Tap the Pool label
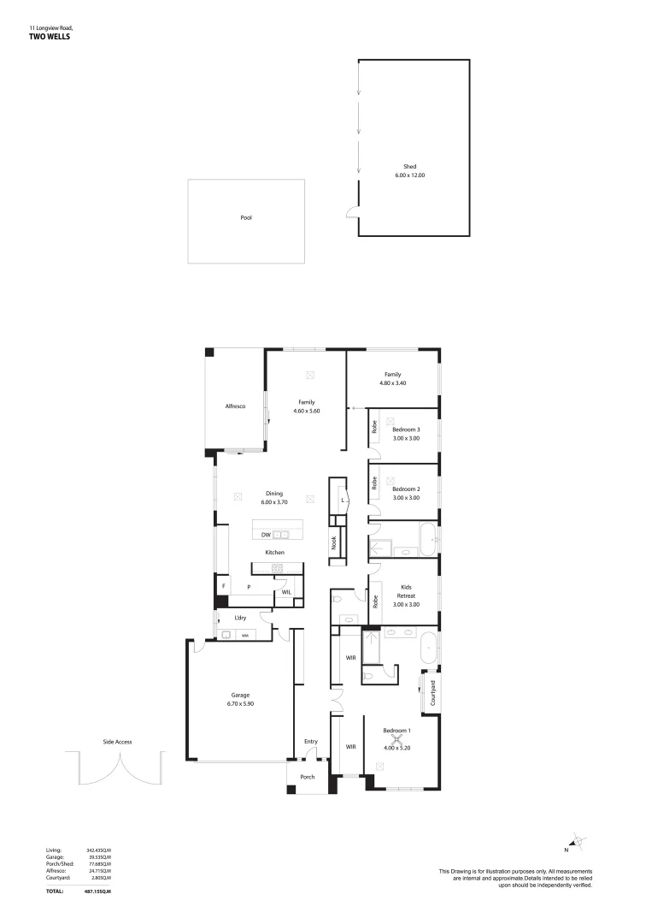pyautogui.click(x=246, y=218)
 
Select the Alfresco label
pyautogui.click(x=235, y=406)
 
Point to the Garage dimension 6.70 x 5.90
pyautogui.click(x=240, y=703)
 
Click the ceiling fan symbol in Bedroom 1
pyautogui.click(x=396, y=741)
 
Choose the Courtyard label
pyautogui.click(x=433, y=691)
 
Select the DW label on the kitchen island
pyautogui.click(x=265, y=535)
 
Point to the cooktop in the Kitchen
pyautogui.click(x=277, y=567)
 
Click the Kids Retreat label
pyautogui.click(x=406, y=592)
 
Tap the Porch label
pyautogui.click(x=307, y=777)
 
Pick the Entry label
pyautogui.click(x=310, y=742)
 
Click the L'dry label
pyautogui.click(x=240, y=618)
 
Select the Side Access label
pyautogui.click(x=117, y=742)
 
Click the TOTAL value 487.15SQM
pyautogui.click(x=99, y=891)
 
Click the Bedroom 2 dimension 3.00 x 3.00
pyautogui.click(x=406, y=497)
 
